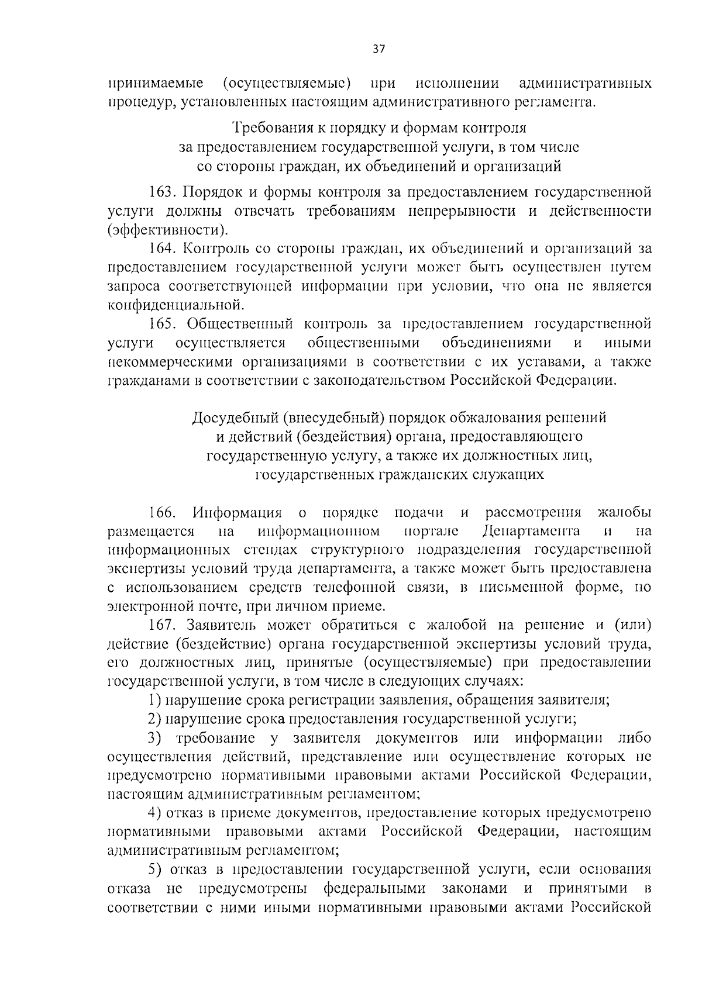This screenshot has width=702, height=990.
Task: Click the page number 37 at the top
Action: [378, 50]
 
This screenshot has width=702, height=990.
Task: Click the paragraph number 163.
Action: [161, 192]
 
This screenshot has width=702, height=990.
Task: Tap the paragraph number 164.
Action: [161, 248]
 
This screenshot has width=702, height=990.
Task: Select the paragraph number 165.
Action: [161, 323]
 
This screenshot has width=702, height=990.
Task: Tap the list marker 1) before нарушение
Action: [154, 699]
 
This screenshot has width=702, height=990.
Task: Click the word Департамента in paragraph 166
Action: [532, 531]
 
